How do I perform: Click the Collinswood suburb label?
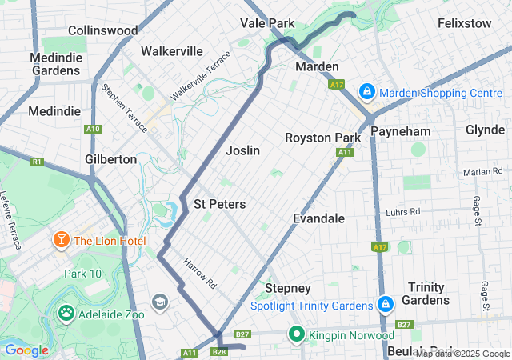102,30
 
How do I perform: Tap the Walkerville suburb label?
171,51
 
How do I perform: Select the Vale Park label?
268,23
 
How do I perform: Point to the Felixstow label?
465,23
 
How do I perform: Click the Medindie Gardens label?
56,64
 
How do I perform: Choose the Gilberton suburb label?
111,159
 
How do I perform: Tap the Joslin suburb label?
242,150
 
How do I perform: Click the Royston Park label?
322,138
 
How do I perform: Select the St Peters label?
220,205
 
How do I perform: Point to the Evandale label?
318,218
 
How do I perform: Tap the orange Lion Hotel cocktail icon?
61,240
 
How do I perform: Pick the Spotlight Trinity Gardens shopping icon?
386,305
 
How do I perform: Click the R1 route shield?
37,162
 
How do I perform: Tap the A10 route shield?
93,129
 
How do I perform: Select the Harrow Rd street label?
199,273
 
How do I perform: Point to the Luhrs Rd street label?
402,212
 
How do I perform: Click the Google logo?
26,350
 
